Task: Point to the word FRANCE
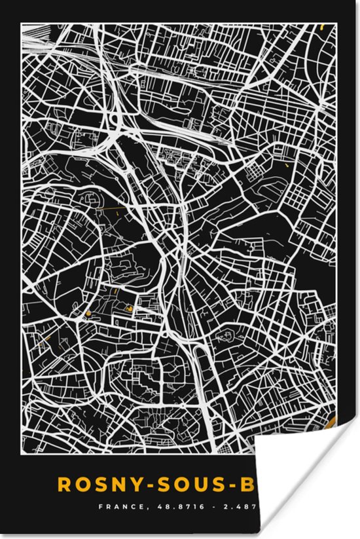118,506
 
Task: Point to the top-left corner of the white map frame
22,24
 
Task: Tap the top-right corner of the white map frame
336,24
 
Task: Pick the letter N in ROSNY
113,485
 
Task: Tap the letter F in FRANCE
101,506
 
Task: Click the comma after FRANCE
137,508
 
